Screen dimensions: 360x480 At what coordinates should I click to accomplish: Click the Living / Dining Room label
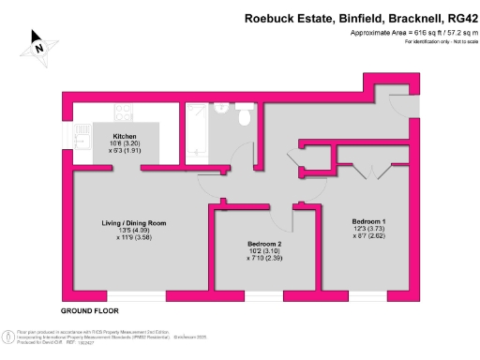tap(134, 222)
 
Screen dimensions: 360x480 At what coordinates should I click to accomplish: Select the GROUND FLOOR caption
tap(89, 309)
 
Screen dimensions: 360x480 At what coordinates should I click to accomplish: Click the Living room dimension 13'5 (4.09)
tap(134, 231)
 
